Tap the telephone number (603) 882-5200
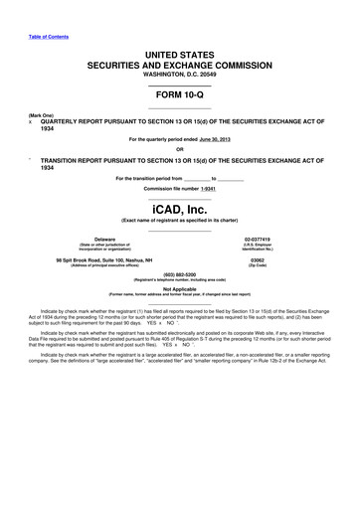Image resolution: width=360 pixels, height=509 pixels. click(180, 274)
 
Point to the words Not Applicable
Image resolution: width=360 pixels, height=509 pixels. click(180, 289)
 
